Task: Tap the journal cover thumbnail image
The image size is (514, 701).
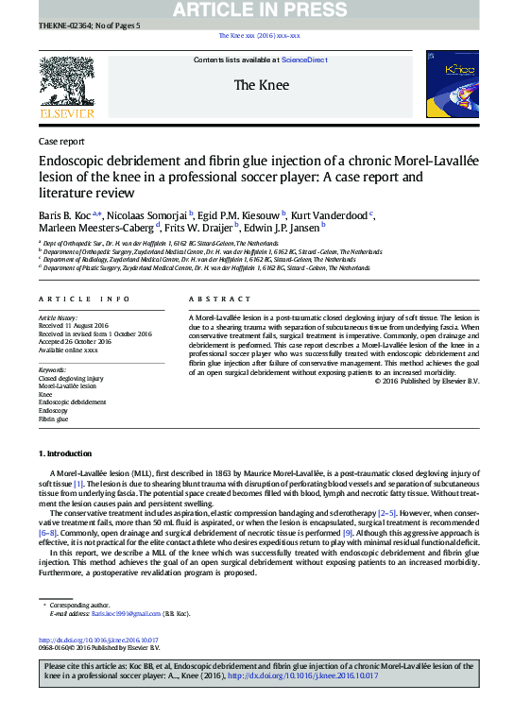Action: pos(451,85)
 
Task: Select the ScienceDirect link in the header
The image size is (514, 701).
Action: pos(305,60)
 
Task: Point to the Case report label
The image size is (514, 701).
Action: pos(60,141)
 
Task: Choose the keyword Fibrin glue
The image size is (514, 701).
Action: pos(53,419)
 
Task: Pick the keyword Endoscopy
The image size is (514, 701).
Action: pos(53,410)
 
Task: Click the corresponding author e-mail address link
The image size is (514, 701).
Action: pos(126,613)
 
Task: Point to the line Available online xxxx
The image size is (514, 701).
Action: pos(68,350)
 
